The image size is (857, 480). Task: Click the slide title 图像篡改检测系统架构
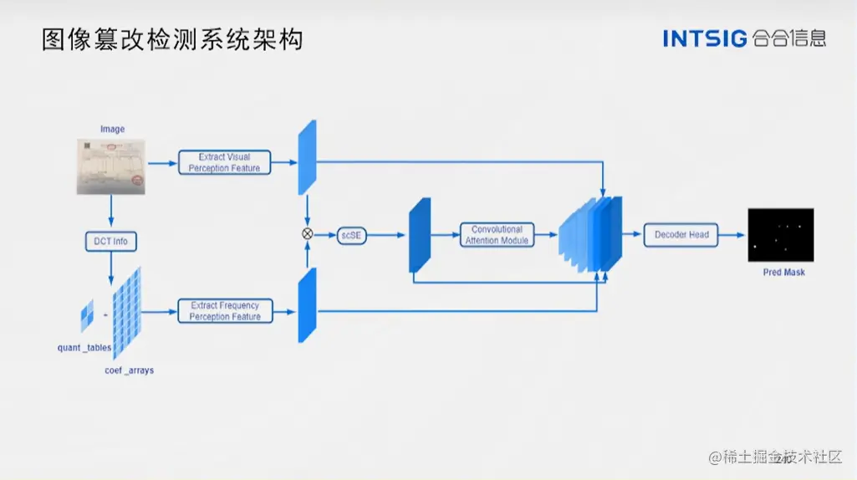pyautogui.click(x=171, y=38)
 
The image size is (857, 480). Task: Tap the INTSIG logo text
pyautogui.click(x=704, y=38)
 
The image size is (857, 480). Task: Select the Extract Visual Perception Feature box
pyautogui.click(x=224, y=162)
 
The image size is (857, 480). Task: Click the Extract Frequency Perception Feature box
pyautogui.click(x=224, y=311)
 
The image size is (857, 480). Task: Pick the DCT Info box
pyautogui.click(x=110, y=242)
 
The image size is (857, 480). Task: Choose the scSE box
pyautogui.click(x=351, y=235)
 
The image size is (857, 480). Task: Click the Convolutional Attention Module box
pyautogui.click(x=497, y=235)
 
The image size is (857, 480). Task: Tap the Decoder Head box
pyautogui.click(x=681, y=235)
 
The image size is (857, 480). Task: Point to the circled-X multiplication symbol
pyautogui.click(x=307, y=234)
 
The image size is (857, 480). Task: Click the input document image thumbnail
pyautogui.click(x=111, y=166)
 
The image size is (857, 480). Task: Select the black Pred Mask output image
pyautogui.click(x=780, y=235)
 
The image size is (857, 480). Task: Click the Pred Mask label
pyautogui.click(x=783, y=273)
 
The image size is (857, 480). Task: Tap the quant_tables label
pyautogui.click(x=84, y=348)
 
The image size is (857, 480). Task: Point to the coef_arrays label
pyautogui.click(x=129, y=370)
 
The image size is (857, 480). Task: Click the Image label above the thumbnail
pyautogui.click(x=112, y=129)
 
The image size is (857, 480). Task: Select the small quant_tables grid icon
pyautogui.click(x=87, y=317)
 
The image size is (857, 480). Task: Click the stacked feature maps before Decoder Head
pyautogui.click(x=591, y=235)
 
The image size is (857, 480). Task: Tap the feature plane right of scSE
pyautogui.click(x=419, y=235)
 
